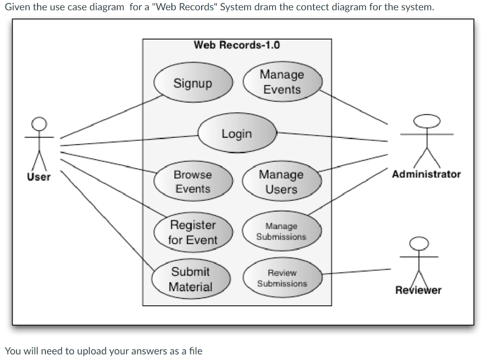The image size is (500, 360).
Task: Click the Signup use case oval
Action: tap(192, 84)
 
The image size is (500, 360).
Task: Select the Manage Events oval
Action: tap(282, 82)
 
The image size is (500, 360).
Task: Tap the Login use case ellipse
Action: tap(237, 133)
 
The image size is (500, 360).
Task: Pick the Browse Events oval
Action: tap(192, 182)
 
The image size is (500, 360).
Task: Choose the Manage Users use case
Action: tap(281, 182)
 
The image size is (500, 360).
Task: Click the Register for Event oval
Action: tap(192, 233)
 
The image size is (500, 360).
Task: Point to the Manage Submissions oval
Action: tap(281, 232)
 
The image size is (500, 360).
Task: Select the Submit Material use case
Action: tap(190, 279)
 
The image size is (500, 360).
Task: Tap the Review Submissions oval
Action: tap(282, 278)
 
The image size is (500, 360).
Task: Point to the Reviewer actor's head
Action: tap(418, 242)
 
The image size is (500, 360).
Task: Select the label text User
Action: tap(39, 177)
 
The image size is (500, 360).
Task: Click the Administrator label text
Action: tap(426, 174)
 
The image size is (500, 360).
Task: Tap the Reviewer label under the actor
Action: tap(418, 290)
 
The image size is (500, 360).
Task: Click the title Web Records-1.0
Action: tap(237, 45)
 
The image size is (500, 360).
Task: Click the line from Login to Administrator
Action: tap(332, 137)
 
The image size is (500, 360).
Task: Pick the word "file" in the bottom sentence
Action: tap(195, 351)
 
